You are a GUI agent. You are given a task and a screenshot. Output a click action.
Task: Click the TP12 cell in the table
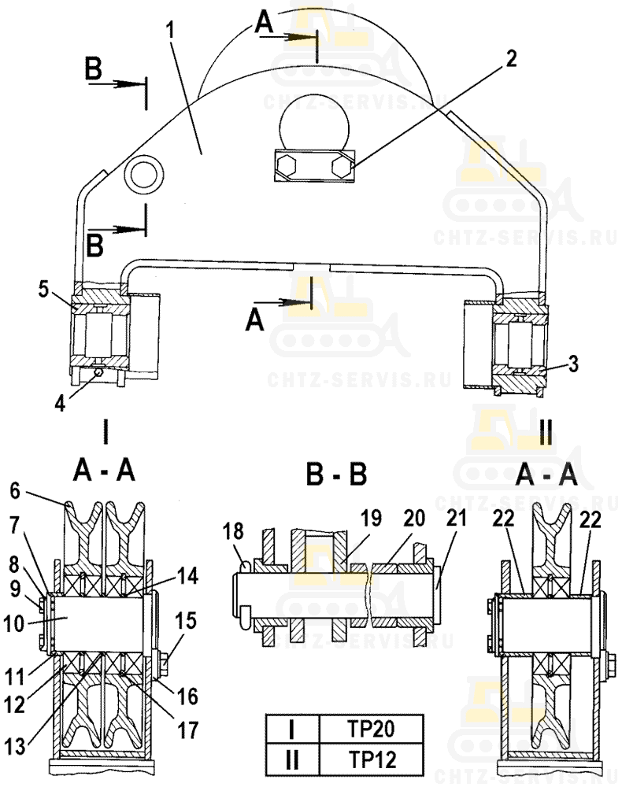point(372,759)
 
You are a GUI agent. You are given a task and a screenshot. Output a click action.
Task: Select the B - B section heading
point(336,473)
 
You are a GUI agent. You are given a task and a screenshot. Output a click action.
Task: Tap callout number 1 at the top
point(171,30)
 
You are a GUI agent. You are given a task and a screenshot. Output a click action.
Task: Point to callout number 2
point(510,59)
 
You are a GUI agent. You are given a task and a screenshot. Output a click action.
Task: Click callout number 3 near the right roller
point(572,364)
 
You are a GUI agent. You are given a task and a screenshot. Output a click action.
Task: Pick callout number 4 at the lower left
point(60,403)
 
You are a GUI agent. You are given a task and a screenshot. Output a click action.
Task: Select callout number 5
point(43,290)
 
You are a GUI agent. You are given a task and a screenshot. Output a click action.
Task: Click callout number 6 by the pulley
point(16,490)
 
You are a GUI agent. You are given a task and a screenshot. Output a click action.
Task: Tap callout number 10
point(13,624)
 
